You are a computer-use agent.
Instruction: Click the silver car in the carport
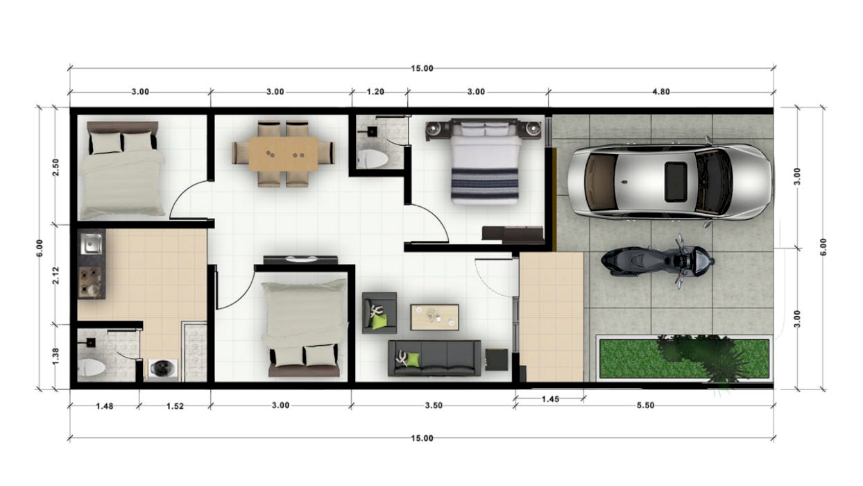(x=669, y=182)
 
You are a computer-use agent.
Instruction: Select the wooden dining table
(x=284, y=154)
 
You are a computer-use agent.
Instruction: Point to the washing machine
(x=163, y=369)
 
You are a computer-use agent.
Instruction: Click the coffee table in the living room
(x=434, y=317)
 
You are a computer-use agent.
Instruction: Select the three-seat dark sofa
(x=434, y=358)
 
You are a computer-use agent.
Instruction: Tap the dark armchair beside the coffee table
(x=379, y=313)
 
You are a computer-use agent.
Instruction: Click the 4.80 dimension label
(x=660, y=92)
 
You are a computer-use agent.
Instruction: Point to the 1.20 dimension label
(x=375, y=92)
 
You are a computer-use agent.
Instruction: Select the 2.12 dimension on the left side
(x=56, y=276)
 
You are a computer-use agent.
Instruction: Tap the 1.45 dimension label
(x=550, y=399)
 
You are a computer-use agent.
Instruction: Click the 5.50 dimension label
(x=645, y=405)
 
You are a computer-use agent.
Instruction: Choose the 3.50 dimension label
(x=434, y=405)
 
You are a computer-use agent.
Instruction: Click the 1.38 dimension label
(x=56, y=355)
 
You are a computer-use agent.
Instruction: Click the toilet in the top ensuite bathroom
(x=372, y=158)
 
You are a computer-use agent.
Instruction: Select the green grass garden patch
(x=684, y=359)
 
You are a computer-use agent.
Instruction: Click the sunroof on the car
(x=676, y=182)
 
